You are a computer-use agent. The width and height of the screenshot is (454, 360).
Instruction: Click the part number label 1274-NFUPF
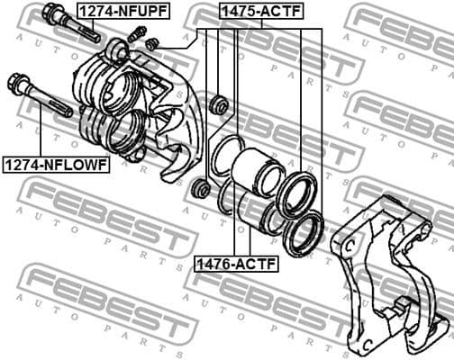pos(122,11)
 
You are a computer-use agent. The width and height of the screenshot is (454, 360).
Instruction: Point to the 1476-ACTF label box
pos(236,264)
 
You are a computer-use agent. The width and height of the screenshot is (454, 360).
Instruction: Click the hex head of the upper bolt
pos(51,14)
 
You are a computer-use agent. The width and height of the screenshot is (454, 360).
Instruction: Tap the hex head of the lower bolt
pos(16,85)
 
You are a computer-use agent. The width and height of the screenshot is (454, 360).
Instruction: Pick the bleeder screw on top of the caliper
pos(137,34)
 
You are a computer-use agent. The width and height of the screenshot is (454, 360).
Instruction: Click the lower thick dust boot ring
pos(303,234)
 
